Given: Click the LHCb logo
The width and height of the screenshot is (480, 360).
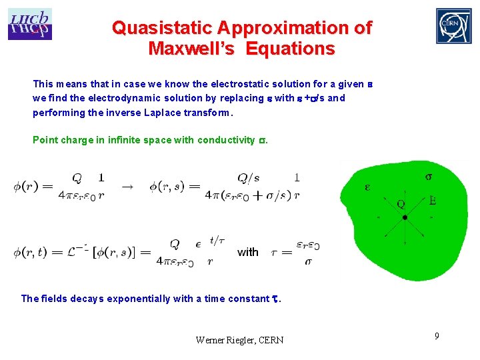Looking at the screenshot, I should pos(29,24).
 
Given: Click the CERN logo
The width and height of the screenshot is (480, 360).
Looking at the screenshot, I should pos(453,26).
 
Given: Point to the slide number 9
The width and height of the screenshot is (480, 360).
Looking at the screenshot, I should pos(437,336).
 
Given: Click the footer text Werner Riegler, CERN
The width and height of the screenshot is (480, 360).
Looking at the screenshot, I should pos(239,340).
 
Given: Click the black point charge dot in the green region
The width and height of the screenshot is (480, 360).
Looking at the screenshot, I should pos(405,217).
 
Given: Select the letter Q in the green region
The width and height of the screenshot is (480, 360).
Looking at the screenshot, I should pos(401,205).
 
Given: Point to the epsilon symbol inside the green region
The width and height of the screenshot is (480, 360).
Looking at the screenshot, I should pos(367,187).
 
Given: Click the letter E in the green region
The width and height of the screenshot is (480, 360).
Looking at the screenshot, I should pos(433,200).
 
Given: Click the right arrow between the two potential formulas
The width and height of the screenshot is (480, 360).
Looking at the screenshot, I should pos(127,187).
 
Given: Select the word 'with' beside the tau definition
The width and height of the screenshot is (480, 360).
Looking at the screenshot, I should pos(247,252).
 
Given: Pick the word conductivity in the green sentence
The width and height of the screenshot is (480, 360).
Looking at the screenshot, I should pos(226,140).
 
